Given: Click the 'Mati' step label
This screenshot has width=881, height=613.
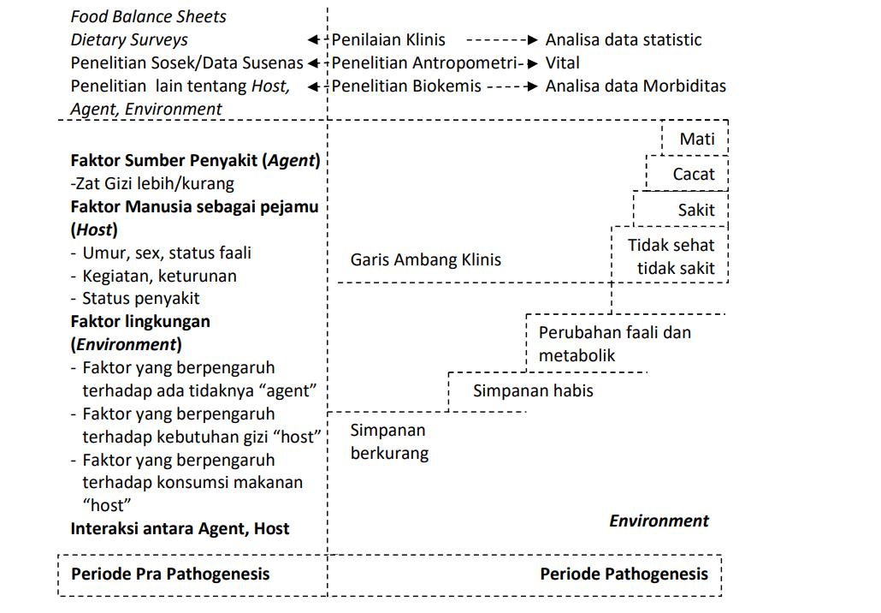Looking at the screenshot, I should [x=697, y=139].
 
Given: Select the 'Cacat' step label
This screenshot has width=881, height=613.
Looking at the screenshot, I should [x=693, y=174].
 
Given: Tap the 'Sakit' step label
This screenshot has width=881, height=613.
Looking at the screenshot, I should [x=696, y=210].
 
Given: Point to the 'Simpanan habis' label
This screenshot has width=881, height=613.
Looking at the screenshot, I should [x=533, y=390].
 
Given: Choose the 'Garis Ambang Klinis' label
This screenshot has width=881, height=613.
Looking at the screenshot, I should [x=425, y=259].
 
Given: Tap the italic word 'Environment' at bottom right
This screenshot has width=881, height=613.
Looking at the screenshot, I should [x=659, y=521].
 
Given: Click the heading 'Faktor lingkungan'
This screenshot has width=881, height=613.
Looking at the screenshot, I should [x=140, y=322].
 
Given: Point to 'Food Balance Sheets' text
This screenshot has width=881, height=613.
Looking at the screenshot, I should [x=148, y=16].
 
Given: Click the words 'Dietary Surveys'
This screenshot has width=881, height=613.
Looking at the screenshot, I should [x=129, y=39].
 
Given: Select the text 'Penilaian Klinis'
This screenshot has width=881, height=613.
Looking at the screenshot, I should [x=388, y=39].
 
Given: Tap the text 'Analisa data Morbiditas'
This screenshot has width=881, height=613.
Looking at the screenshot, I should [x=635, y=86].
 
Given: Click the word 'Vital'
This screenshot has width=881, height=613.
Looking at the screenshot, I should [x=562, y=62].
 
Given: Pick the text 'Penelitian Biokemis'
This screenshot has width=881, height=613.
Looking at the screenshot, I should [x=406, y=86].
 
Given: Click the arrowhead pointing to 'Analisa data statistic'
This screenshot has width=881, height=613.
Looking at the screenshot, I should [x=531, y=39].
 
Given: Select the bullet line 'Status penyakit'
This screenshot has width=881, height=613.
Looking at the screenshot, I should [x=140, y=299].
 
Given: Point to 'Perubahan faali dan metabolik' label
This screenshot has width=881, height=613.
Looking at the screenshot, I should [x=614, y=343].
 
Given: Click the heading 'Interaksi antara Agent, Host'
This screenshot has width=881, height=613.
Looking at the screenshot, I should [x=180, y=528].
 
